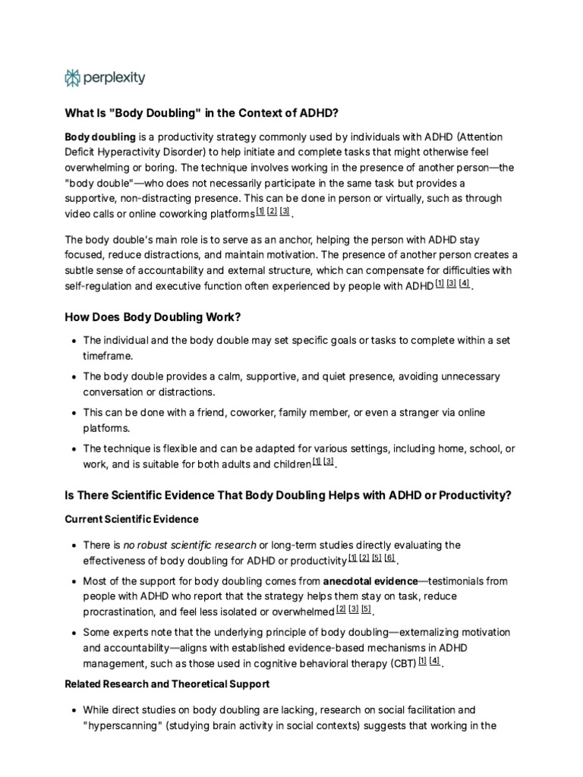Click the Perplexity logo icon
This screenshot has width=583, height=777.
(73, 77)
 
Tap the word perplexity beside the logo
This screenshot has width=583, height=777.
(115, 77)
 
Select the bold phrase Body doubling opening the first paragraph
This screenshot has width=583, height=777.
(100, 137)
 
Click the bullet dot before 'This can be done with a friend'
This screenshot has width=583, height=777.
(72, 413)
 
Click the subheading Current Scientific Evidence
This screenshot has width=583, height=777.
(131, 519)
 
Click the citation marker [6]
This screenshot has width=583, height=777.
(389, 558)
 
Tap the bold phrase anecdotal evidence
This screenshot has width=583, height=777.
(370, 580)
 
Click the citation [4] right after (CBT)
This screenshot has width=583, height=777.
(434, 662)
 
